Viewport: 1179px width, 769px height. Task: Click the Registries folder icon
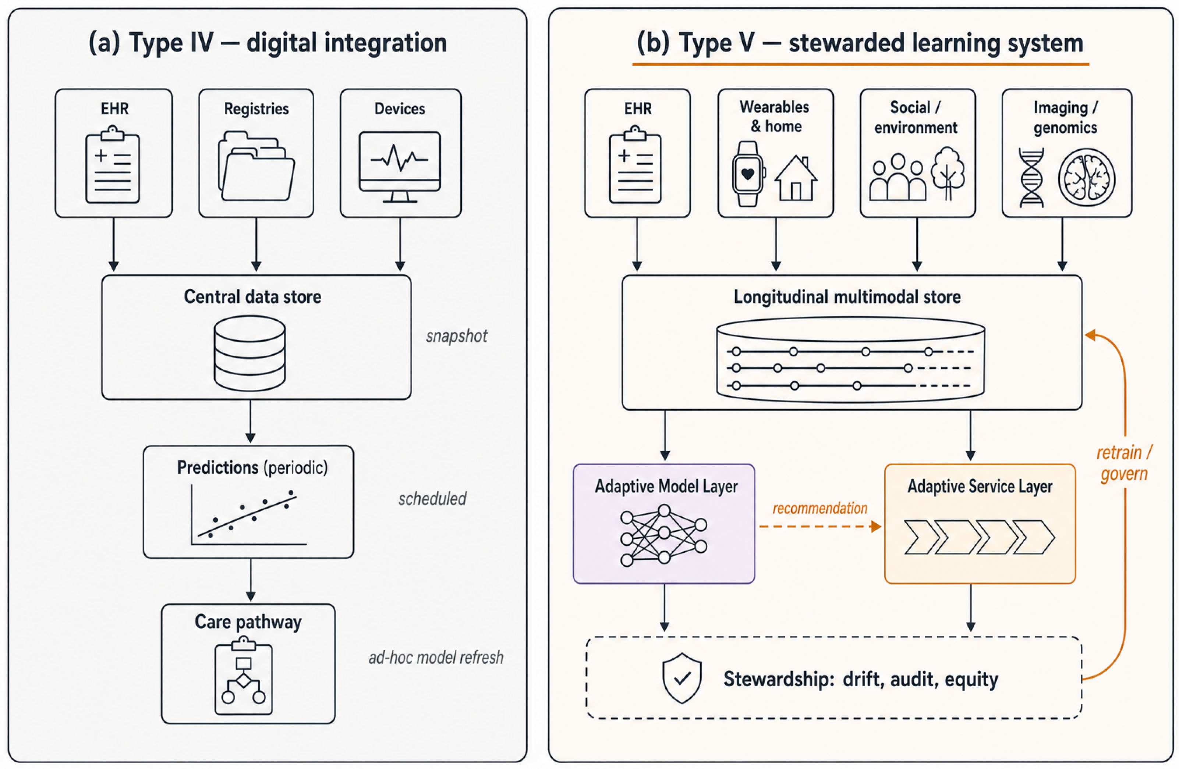[256, 166]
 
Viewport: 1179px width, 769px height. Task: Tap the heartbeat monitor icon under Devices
[400, 167]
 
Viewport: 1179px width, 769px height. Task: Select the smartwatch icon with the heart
[748, 174]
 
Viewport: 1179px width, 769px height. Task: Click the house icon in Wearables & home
[796, 178]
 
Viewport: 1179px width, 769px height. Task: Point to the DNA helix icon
[1031, 177]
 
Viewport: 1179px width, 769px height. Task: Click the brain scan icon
[1087, 177]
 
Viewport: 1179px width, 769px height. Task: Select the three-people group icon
[897, 177]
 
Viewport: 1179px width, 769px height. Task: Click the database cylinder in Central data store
[249, 353]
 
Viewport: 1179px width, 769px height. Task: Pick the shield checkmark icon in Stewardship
[682, 678]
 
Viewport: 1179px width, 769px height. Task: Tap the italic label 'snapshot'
[457, 336]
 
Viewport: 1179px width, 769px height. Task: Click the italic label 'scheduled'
[432, 499]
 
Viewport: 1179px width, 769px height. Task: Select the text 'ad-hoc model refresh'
[436, 658]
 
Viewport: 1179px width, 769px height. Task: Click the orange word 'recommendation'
[820, 508]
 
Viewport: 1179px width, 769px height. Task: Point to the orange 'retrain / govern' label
[1124, 463]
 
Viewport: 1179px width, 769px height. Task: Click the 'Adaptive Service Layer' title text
[980, 486]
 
